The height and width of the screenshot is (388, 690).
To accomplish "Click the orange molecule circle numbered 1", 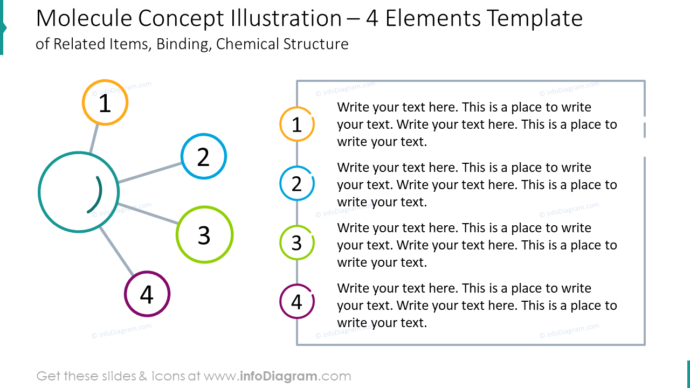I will tap(105, 102).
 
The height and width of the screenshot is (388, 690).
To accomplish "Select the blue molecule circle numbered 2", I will tap(203, 156).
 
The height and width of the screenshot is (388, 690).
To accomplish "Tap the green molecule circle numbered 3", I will tap(204, 234).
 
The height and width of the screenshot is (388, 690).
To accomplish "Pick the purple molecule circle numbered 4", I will tap(147, 294).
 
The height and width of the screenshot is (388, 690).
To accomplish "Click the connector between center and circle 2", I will tap(150, 172).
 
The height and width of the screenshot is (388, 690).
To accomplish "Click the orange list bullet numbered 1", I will tap(296, 124).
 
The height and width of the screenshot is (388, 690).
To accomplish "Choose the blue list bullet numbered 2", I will tap(296, 184).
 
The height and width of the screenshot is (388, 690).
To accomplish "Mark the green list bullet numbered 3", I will tap(296, 243).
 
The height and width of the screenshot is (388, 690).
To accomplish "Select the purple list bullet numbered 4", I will tap(296, 302).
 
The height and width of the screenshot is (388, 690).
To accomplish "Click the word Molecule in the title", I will tap(84, 19).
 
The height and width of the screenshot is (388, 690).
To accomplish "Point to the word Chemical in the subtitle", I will tap(246, 44).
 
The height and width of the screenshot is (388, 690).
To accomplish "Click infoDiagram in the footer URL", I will tap(278, 376).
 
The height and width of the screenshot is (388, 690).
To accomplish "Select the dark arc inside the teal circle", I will tap(96, 195).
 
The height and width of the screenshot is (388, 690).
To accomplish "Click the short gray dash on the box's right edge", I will tap(645, 130).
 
